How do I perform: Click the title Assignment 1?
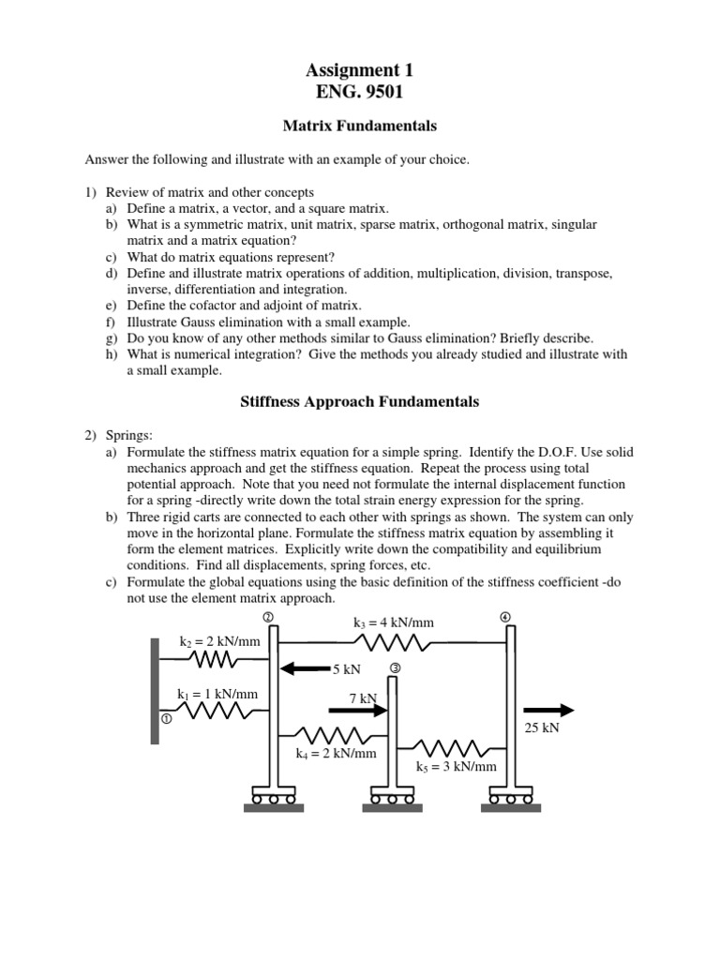point(359,70)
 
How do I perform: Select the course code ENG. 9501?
point(359,92)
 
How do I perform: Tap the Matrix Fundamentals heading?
point(359,125)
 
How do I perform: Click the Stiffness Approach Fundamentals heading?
point(359,401)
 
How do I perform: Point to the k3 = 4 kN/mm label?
point(394,622)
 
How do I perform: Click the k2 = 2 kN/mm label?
point(219,641)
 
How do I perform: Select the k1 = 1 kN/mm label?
point(217,694)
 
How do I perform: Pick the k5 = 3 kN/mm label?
point(457,766)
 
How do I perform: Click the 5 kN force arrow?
point(305,669)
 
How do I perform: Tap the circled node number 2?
point(268,616)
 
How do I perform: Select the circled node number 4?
point(506,616)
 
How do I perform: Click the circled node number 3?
point(395,667)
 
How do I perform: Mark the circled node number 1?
point(166,719)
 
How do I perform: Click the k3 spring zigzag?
point(393,643)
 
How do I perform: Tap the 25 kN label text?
point(542,728)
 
